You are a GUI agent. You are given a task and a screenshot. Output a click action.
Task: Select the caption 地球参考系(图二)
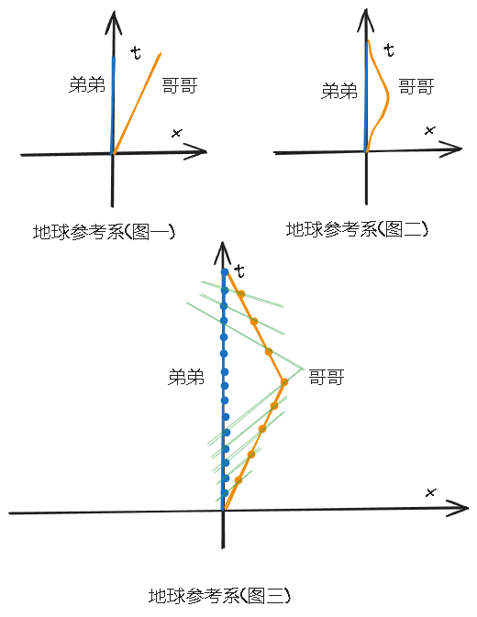(x=357, y=229)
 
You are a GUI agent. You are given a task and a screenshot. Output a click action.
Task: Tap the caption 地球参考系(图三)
(x=219, y=596)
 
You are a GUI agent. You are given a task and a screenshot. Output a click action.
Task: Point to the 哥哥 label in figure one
(x=180, y=86)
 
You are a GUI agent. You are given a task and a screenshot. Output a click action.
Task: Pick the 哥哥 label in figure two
(x=416, y=88)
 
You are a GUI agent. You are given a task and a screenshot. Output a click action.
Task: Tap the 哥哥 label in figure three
(x=326, y=376)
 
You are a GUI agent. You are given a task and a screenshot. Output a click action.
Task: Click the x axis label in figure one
(x=176, y=134)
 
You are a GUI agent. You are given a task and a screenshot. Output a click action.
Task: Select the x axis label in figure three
(x=430, y=492)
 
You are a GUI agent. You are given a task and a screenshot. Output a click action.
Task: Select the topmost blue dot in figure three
(x=225, y=272)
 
